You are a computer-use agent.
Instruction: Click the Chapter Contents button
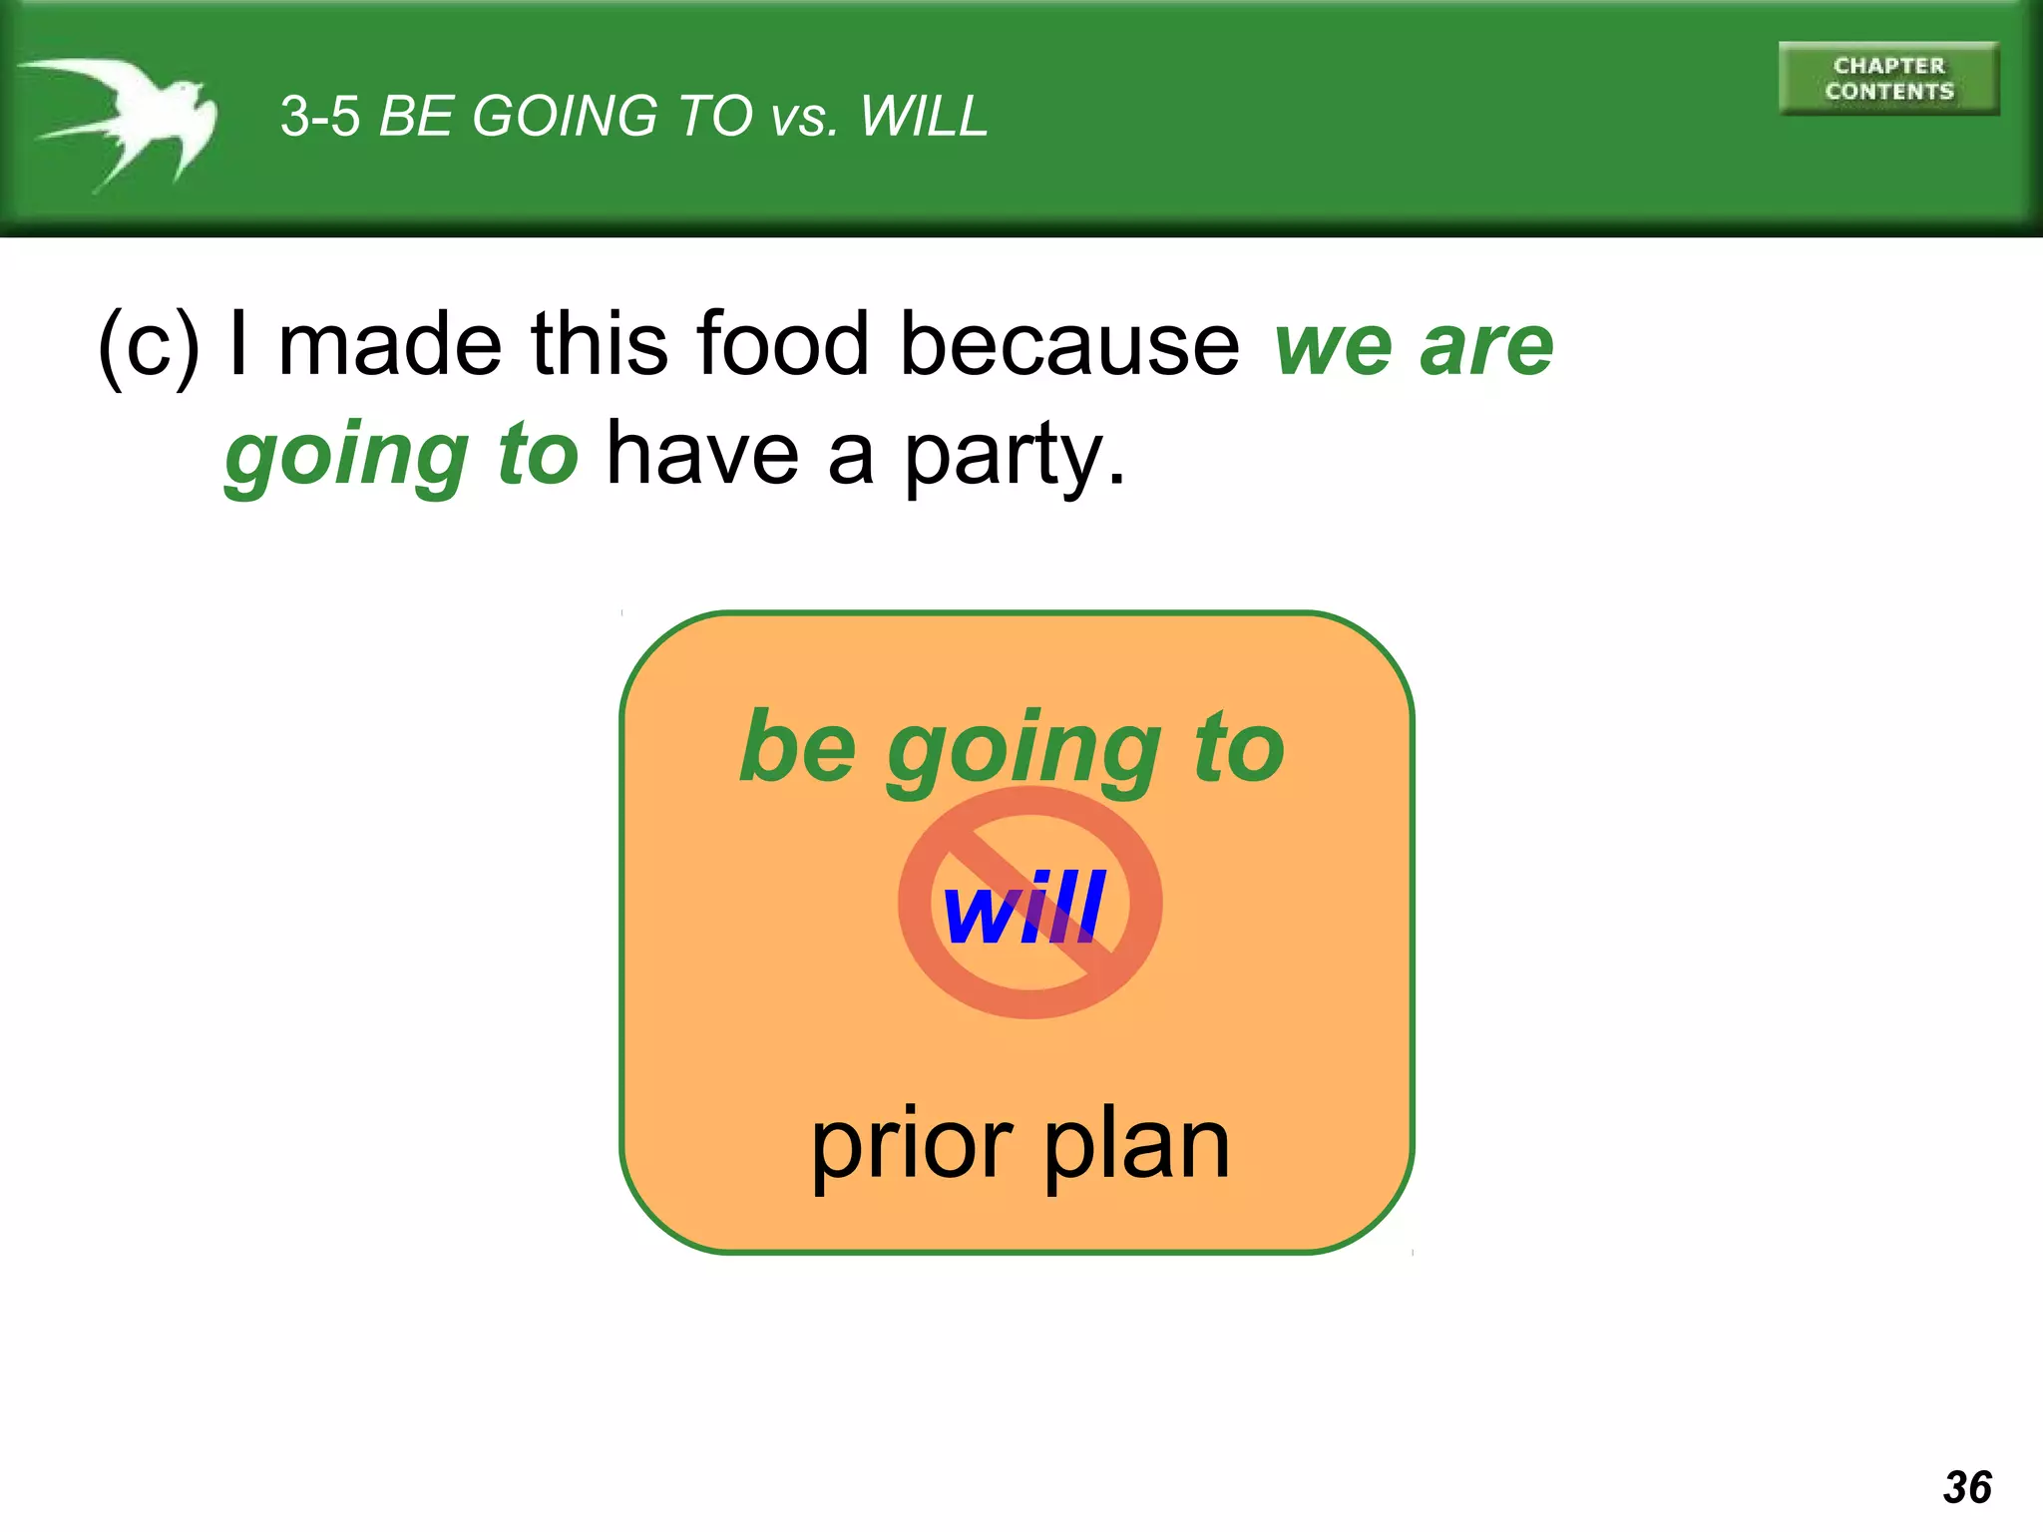[x=1887, y=79]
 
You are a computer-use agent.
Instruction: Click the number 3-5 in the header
[x=319, y=117]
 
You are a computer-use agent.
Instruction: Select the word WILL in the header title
[x=923, y=117]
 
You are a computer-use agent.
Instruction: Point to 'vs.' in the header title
[x=804, y=119]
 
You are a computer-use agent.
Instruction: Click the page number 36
[x=1966, y=1487]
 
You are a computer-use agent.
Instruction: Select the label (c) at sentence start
[x=148, y=345]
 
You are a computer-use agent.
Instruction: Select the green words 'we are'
[x=1414, y=346]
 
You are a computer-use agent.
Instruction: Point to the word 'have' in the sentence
[x=702, y=455]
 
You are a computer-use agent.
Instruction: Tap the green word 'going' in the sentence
[x=346, y=457]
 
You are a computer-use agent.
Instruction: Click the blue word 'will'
[x=1023, y=907]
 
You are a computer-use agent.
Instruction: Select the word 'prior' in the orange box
[x=911, y=1147]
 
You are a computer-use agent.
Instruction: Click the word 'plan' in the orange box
[x=1136, y=1147]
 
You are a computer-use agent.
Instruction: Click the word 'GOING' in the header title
[x=564, y=117]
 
